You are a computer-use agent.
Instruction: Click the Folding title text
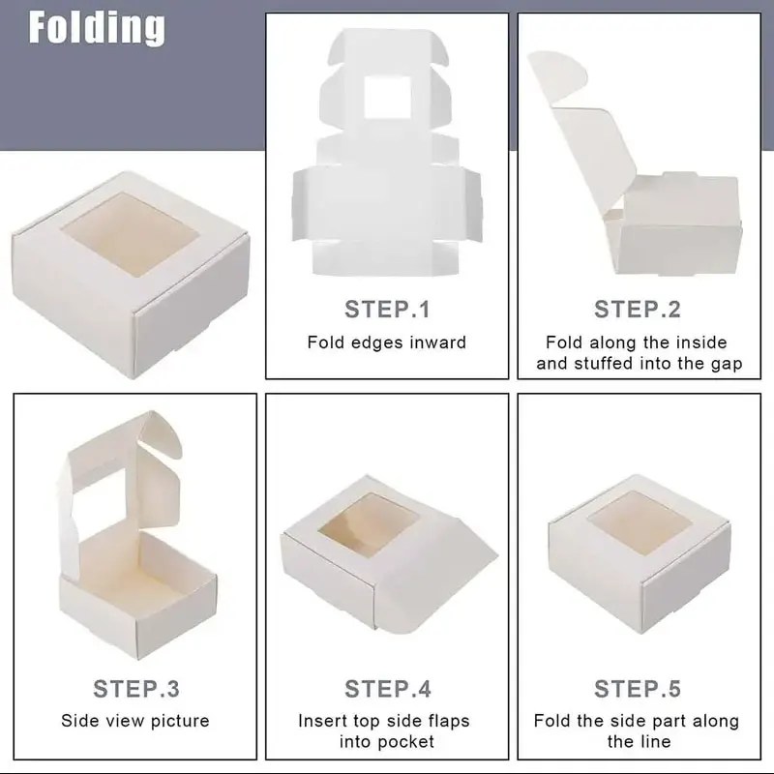97,28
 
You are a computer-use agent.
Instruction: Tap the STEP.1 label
388,310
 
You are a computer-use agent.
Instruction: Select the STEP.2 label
638,310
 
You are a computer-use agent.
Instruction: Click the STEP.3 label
136,689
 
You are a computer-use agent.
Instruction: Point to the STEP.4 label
388,689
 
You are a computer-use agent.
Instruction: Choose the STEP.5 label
638,689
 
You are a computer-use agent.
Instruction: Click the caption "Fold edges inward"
387,342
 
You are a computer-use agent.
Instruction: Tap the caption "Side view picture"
135,721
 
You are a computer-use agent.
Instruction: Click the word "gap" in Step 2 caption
727,365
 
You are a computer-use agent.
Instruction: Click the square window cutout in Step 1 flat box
388,98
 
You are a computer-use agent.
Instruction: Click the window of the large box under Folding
131,232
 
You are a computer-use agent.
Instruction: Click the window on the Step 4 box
369,522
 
